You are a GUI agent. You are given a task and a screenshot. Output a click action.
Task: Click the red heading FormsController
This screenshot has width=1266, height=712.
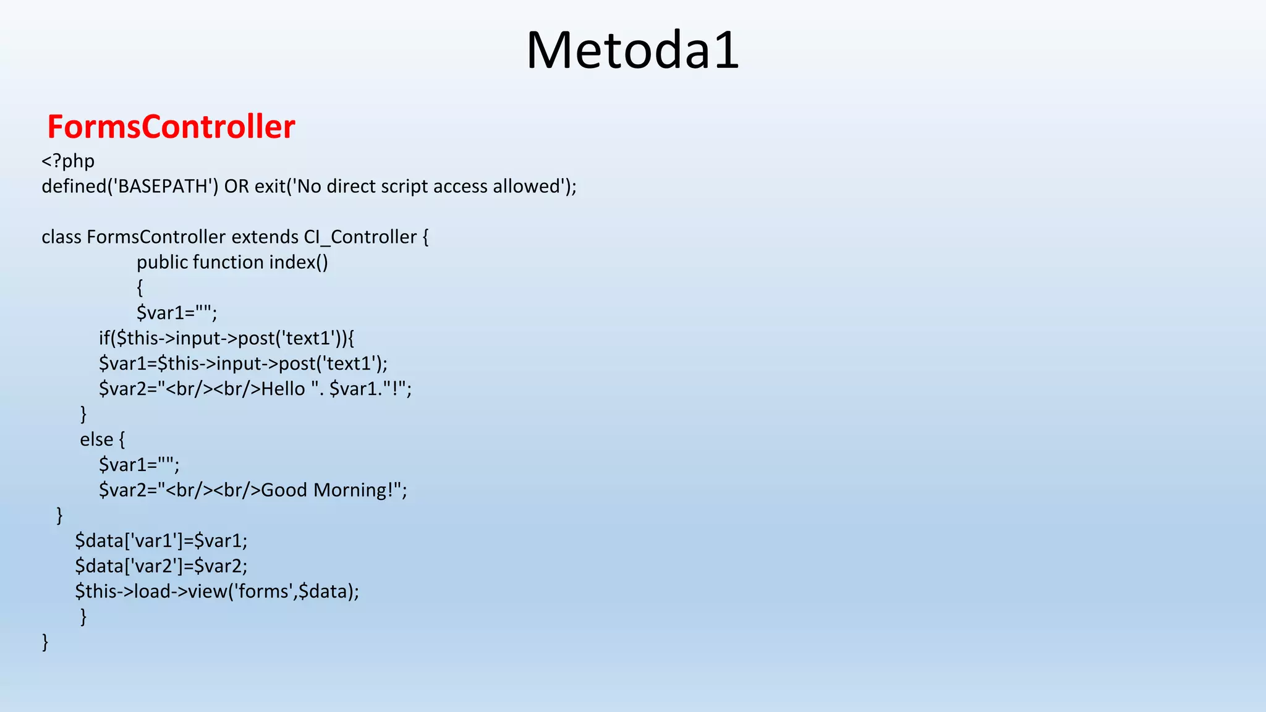click(171, 127)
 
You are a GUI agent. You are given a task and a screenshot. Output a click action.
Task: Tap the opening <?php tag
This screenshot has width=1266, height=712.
click(68, 161)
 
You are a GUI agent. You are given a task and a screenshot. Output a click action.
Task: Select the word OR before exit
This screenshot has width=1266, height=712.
click(237, 186)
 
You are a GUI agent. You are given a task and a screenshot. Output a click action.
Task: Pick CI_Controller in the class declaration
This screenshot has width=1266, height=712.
click(360, 237)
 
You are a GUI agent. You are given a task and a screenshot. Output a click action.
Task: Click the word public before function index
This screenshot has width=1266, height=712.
click(162, 262)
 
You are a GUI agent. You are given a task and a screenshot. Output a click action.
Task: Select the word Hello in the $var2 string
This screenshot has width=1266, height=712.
click(283, 389)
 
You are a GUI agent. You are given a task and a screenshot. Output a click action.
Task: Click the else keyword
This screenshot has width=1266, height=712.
click(96, 439)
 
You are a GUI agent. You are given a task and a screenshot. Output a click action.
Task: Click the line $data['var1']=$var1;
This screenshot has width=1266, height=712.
click(161, 541)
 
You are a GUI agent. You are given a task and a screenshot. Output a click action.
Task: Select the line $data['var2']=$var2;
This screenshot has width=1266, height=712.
click(161, 566)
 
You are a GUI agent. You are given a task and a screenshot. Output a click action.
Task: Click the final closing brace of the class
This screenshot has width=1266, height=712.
click(45, 642)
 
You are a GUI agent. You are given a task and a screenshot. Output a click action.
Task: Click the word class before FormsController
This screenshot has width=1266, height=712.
click(61, 237)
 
